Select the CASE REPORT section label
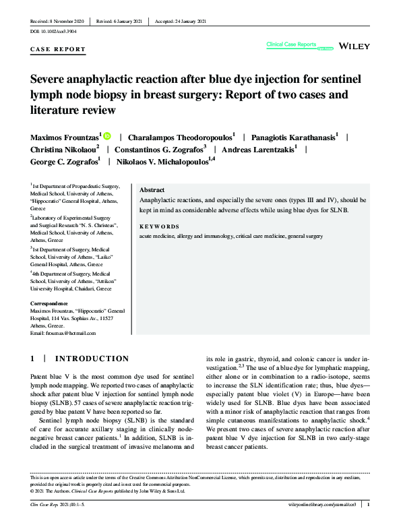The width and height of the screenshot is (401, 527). pyautogui.click(x=59, y=49)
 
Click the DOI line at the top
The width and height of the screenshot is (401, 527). pyautogui.click(x=53, y=32)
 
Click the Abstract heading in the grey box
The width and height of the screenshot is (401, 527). pyautogui.click(x=152, y=190)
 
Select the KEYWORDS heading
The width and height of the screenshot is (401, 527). pyautogui.click(x=159, y=226)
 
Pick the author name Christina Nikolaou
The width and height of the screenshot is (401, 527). pyautogui.click(x=64, y=149)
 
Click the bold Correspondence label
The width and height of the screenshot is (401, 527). pyautogui.click(x=49, y=303)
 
